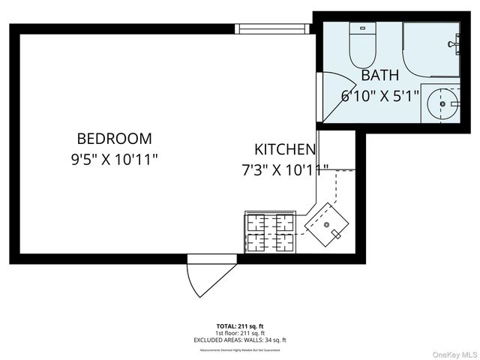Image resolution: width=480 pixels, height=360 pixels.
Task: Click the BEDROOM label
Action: click(x=114, y=139)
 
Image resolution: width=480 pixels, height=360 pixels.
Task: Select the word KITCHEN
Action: click(x=284, y=148)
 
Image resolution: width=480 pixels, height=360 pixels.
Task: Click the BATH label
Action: click(x=380, y=76)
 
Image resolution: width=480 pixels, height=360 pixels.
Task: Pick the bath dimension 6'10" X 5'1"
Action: click(x=379, y=95)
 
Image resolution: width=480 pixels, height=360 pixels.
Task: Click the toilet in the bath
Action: click(x=362, y=49)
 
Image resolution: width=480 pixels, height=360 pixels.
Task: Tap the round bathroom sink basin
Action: click(x=443, y=104)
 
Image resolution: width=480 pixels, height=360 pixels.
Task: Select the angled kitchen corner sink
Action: click(x=328, y=224)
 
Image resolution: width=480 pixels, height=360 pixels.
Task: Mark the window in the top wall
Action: click(x=272, y=28)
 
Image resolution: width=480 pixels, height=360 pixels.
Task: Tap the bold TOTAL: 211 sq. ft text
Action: click(x=240, y=325)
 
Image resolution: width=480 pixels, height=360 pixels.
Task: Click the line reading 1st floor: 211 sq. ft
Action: click(x=240, y=333)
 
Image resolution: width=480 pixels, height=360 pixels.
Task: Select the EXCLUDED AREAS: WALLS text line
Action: click(x=240, y=340)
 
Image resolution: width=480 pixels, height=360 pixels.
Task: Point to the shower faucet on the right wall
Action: click(x=454, y=44)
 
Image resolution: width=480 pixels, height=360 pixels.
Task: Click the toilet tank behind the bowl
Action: click(x=362, y=29)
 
